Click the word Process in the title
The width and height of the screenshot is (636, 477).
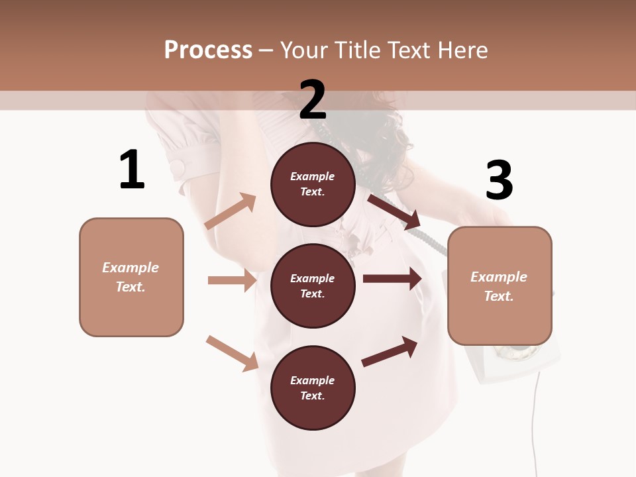coord(208,50)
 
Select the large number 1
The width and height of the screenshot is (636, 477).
coord(132,170)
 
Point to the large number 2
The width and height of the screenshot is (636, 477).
coord(313,100)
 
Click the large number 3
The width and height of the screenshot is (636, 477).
coord(499,181)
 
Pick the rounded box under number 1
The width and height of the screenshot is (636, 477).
coord(131,277)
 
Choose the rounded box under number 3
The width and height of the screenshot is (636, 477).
coord(500,286)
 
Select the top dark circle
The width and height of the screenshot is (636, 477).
coord(313,184)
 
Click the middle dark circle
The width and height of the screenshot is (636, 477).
coord(313,286)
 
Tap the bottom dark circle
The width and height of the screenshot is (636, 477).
coord(313,388)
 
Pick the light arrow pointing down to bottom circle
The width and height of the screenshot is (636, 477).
coord(233,352)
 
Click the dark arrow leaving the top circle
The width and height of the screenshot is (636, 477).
coord(394,212)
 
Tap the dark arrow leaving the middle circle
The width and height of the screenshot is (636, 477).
coord(392,278)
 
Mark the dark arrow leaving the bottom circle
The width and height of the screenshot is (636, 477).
coord(390,351)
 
